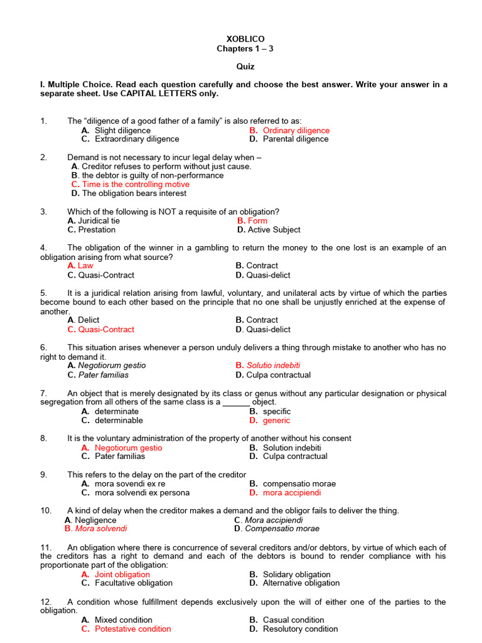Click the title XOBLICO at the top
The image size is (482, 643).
pyautogui.click(x=245, y=39)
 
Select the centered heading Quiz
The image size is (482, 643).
pyautogui.click(x=245, y=67)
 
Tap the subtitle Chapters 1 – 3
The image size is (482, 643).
pyautogui.click(x=245, y=49)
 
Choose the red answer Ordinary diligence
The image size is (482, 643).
pyautogui.click(x=296, y=131)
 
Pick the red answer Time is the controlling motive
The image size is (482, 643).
pyautogui.click(x=135, y=185)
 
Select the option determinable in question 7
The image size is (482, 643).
pyautogui.click(x=119, y=421)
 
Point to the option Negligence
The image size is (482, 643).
pyautogui.click(x=95, y=520)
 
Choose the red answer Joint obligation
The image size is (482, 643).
pyautogui.click(x=122, y=575)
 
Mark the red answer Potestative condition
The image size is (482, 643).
pyautogui.click(x=132, y=629)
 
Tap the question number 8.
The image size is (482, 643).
pyautogui.click(x=43, y=438)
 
